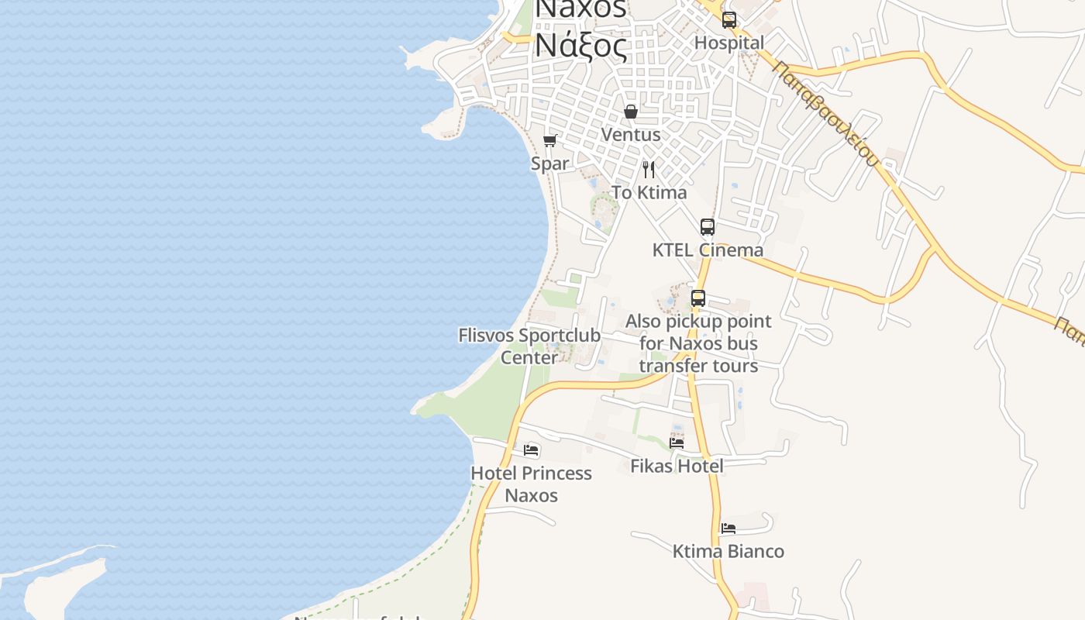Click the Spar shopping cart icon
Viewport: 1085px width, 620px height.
(x=549, y=141)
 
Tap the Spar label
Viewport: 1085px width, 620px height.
(x=549, y=164)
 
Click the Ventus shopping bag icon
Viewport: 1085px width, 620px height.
(x=631, y=112)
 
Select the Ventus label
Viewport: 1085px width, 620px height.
(x=631, y=134)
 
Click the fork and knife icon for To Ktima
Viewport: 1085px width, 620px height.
(x=649, y=169)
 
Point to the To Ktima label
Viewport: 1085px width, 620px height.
(x=649, y=192)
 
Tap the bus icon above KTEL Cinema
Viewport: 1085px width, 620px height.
(x=707, y=227)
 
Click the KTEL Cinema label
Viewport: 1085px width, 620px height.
(x=708, y=250)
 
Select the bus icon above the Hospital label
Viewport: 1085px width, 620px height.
(x=728, y=20)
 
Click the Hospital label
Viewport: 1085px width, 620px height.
(x=728, y=43)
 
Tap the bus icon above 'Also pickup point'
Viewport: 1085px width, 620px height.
(x=697, y=298)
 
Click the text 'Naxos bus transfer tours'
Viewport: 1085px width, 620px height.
(x=698, y=354)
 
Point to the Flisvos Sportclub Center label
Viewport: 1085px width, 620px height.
(x=529, y=346)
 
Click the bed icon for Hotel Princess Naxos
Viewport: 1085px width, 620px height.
(x=531, y=449)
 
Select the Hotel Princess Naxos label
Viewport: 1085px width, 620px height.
(x=531, y=484)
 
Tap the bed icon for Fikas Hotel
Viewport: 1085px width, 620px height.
(x=677, y=443)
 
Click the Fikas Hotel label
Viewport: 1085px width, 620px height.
(x=677, y=466)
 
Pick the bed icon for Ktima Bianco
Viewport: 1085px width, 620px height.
(x=728, y=529)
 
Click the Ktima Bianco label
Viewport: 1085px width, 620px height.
(x=728, y=551)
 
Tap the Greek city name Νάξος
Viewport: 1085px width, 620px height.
(x=580, y=46)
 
